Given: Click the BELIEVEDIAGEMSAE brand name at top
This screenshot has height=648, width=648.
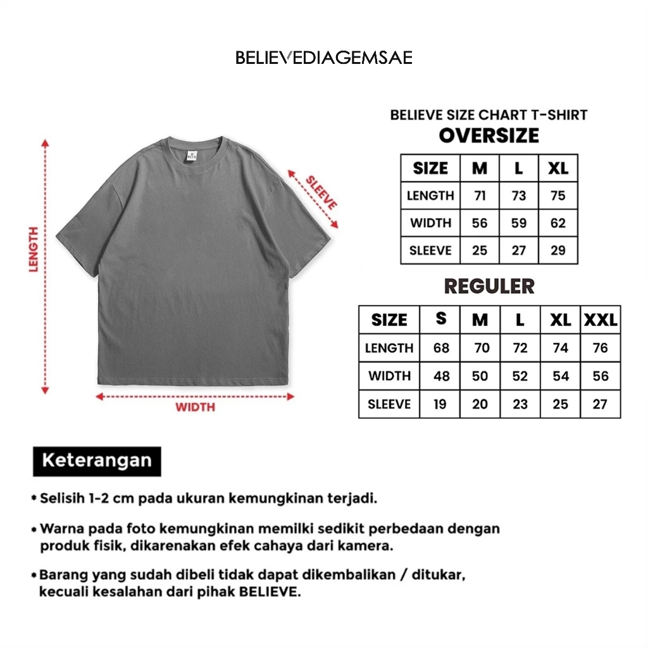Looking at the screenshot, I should point(323,58).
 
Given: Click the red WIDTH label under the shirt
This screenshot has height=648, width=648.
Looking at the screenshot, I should point(195,407).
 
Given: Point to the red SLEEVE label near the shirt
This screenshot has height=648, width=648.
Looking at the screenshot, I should point(321,192).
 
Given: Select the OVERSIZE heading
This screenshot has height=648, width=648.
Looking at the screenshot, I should point(489,135).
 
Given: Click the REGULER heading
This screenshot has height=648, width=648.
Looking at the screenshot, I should point(489,286).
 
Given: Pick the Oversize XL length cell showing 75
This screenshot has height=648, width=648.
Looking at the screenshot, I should point(558,196).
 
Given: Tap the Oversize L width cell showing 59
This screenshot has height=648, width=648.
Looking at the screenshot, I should point(519,223).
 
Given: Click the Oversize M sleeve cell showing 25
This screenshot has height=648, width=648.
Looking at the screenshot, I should point(480,251).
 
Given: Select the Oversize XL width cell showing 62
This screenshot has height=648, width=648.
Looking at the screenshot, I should point(558,223).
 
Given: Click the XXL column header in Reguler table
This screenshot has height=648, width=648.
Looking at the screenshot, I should point(600,320).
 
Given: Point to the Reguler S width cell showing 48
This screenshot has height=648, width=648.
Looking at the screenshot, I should point(441,376).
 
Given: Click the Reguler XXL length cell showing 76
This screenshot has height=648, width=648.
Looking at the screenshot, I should point(600,347).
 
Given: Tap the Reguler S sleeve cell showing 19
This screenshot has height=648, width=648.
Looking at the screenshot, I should point(440,404).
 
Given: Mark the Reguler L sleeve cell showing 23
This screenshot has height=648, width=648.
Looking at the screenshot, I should point(520,404).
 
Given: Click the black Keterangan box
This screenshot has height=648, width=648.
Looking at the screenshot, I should point(97,460).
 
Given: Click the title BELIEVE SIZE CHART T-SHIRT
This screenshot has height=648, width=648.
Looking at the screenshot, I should point(489,115).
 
